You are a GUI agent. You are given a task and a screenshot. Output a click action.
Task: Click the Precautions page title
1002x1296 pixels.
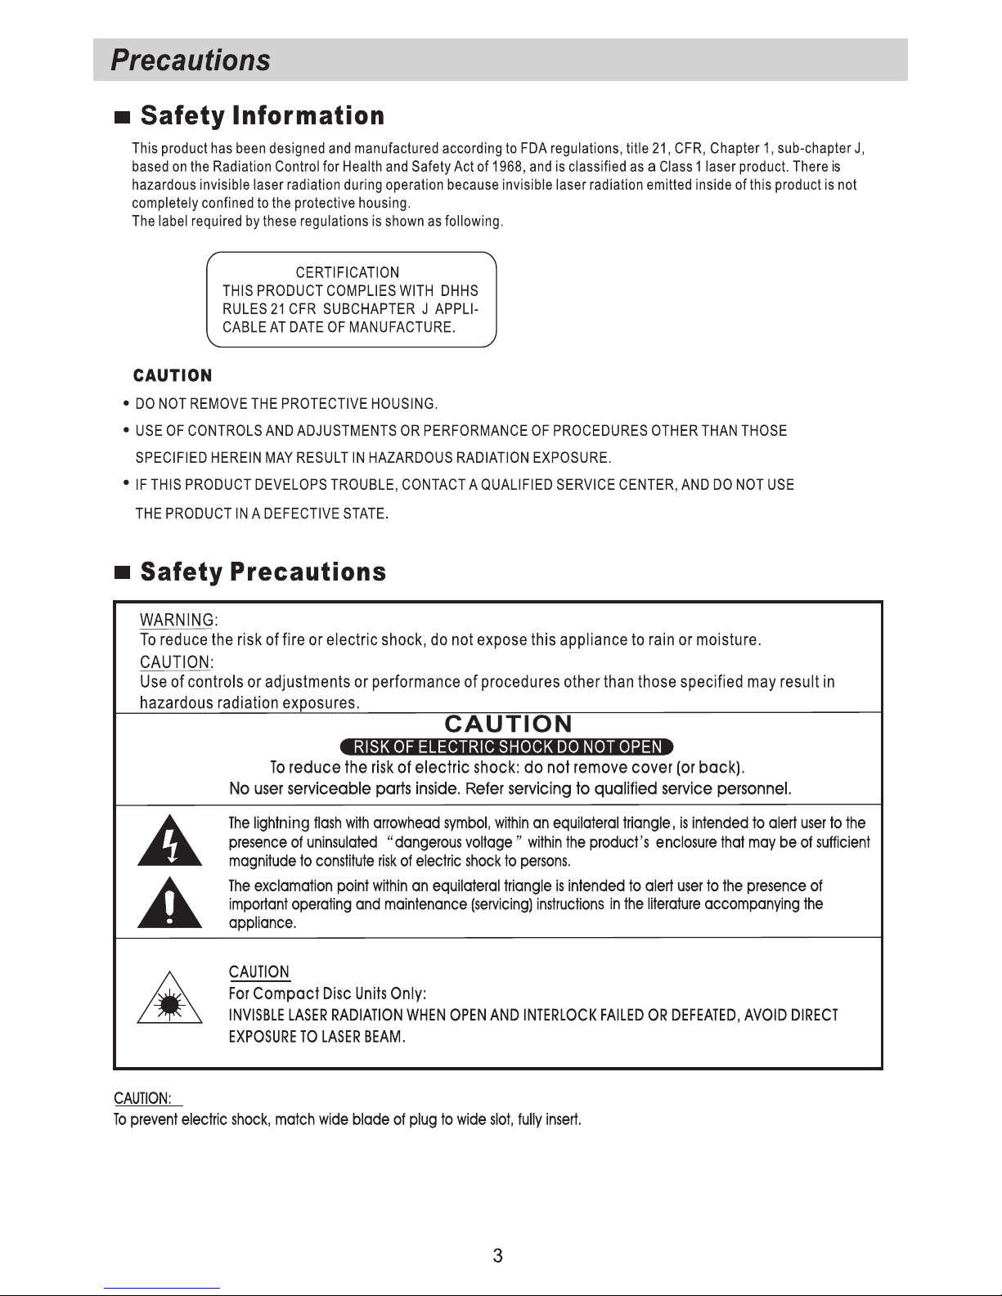coord(191,61)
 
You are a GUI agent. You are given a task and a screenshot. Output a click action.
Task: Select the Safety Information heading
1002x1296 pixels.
coord(262,116)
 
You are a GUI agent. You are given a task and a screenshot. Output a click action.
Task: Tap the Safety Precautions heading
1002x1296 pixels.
coord(263,572)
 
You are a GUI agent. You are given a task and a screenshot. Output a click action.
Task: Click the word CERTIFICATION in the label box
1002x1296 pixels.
coord(348,272)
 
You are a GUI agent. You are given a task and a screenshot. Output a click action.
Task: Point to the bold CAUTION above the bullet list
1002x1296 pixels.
coord(173,375)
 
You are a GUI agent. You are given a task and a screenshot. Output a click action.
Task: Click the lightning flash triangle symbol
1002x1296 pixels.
coord(169,841)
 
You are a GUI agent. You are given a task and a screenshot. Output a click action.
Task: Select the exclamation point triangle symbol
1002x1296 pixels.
coord(169,903)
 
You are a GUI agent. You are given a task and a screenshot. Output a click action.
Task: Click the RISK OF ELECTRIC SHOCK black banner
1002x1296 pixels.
coord(506,747)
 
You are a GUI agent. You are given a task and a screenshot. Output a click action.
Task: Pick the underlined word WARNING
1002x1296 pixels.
coord(177,620)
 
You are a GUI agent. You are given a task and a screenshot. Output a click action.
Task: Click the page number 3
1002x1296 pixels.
coord(497,1257)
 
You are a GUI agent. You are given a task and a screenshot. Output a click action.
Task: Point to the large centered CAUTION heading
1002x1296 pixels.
coord(508,724)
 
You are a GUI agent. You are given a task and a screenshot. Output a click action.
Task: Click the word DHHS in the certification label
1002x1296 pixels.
coord(460,291)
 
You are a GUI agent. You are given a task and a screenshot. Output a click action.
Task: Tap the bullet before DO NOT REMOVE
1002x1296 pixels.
coord(125,403)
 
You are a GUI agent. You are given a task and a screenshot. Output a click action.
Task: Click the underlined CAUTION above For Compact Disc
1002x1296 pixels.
coord(259,972)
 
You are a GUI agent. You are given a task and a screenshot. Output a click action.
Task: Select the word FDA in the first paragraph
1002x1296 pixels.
coord(533,149)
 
